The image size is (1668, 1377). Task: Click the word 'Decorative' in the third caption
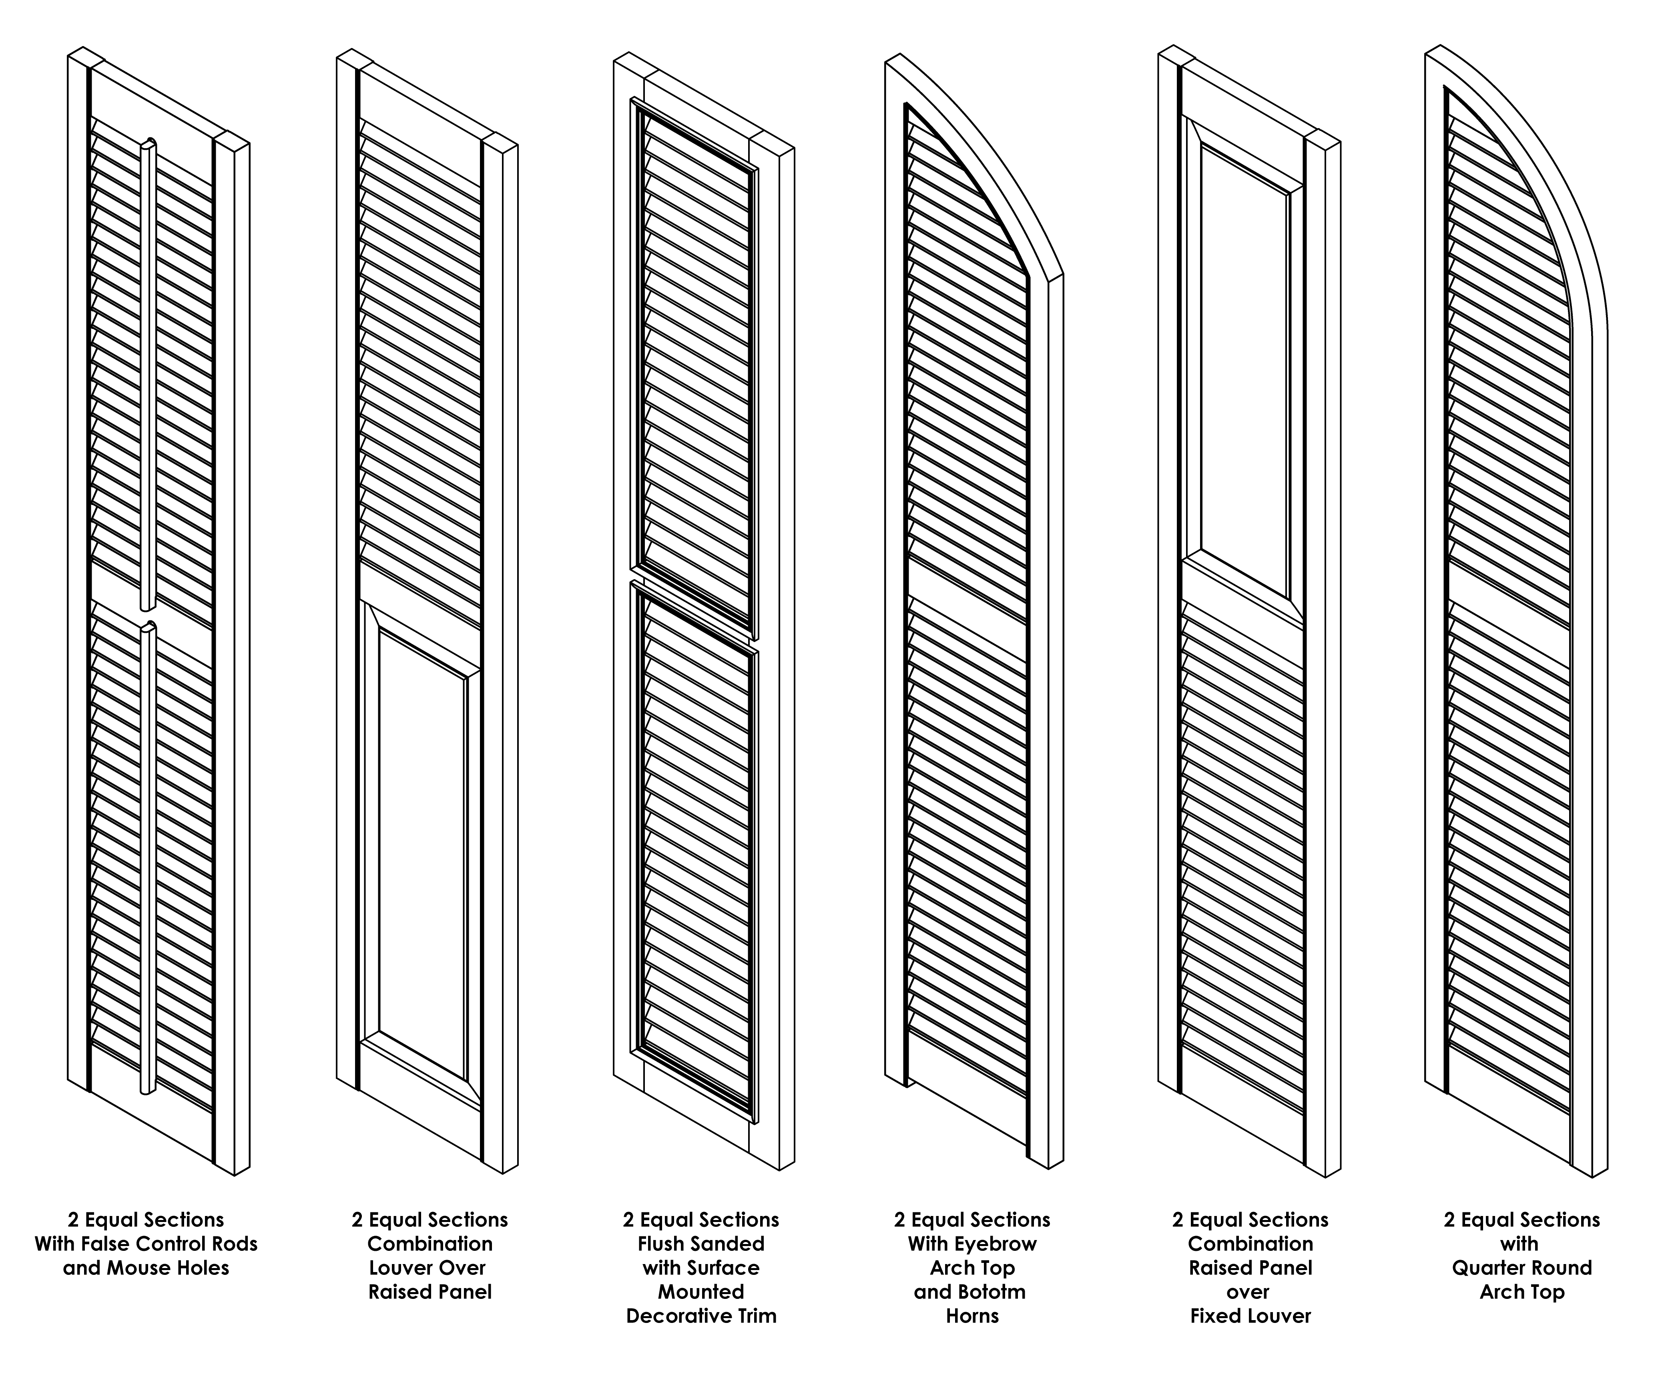tap(674, 1316)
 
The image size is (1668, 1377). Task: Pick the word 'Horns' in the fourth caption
tap(972, 1316)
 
